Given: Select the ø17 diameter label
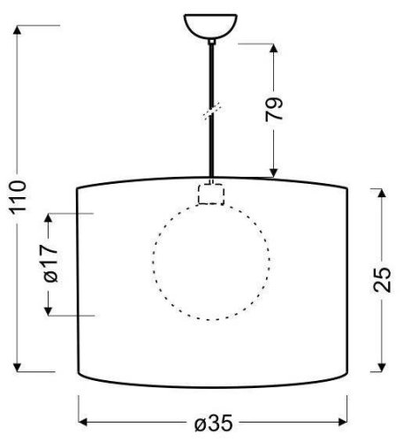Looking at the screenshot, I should pyautogui.click(x=50, y=263).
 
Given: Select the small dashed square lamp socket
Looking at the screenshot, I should pyautogui.click(x=210, y=194).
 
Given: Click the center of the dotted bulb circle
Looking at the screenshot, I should pyautogui.click(x=210, y=263).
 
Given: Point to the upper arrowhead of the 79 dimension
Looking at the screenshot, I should pyautogui.click(x=275, y=46).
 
